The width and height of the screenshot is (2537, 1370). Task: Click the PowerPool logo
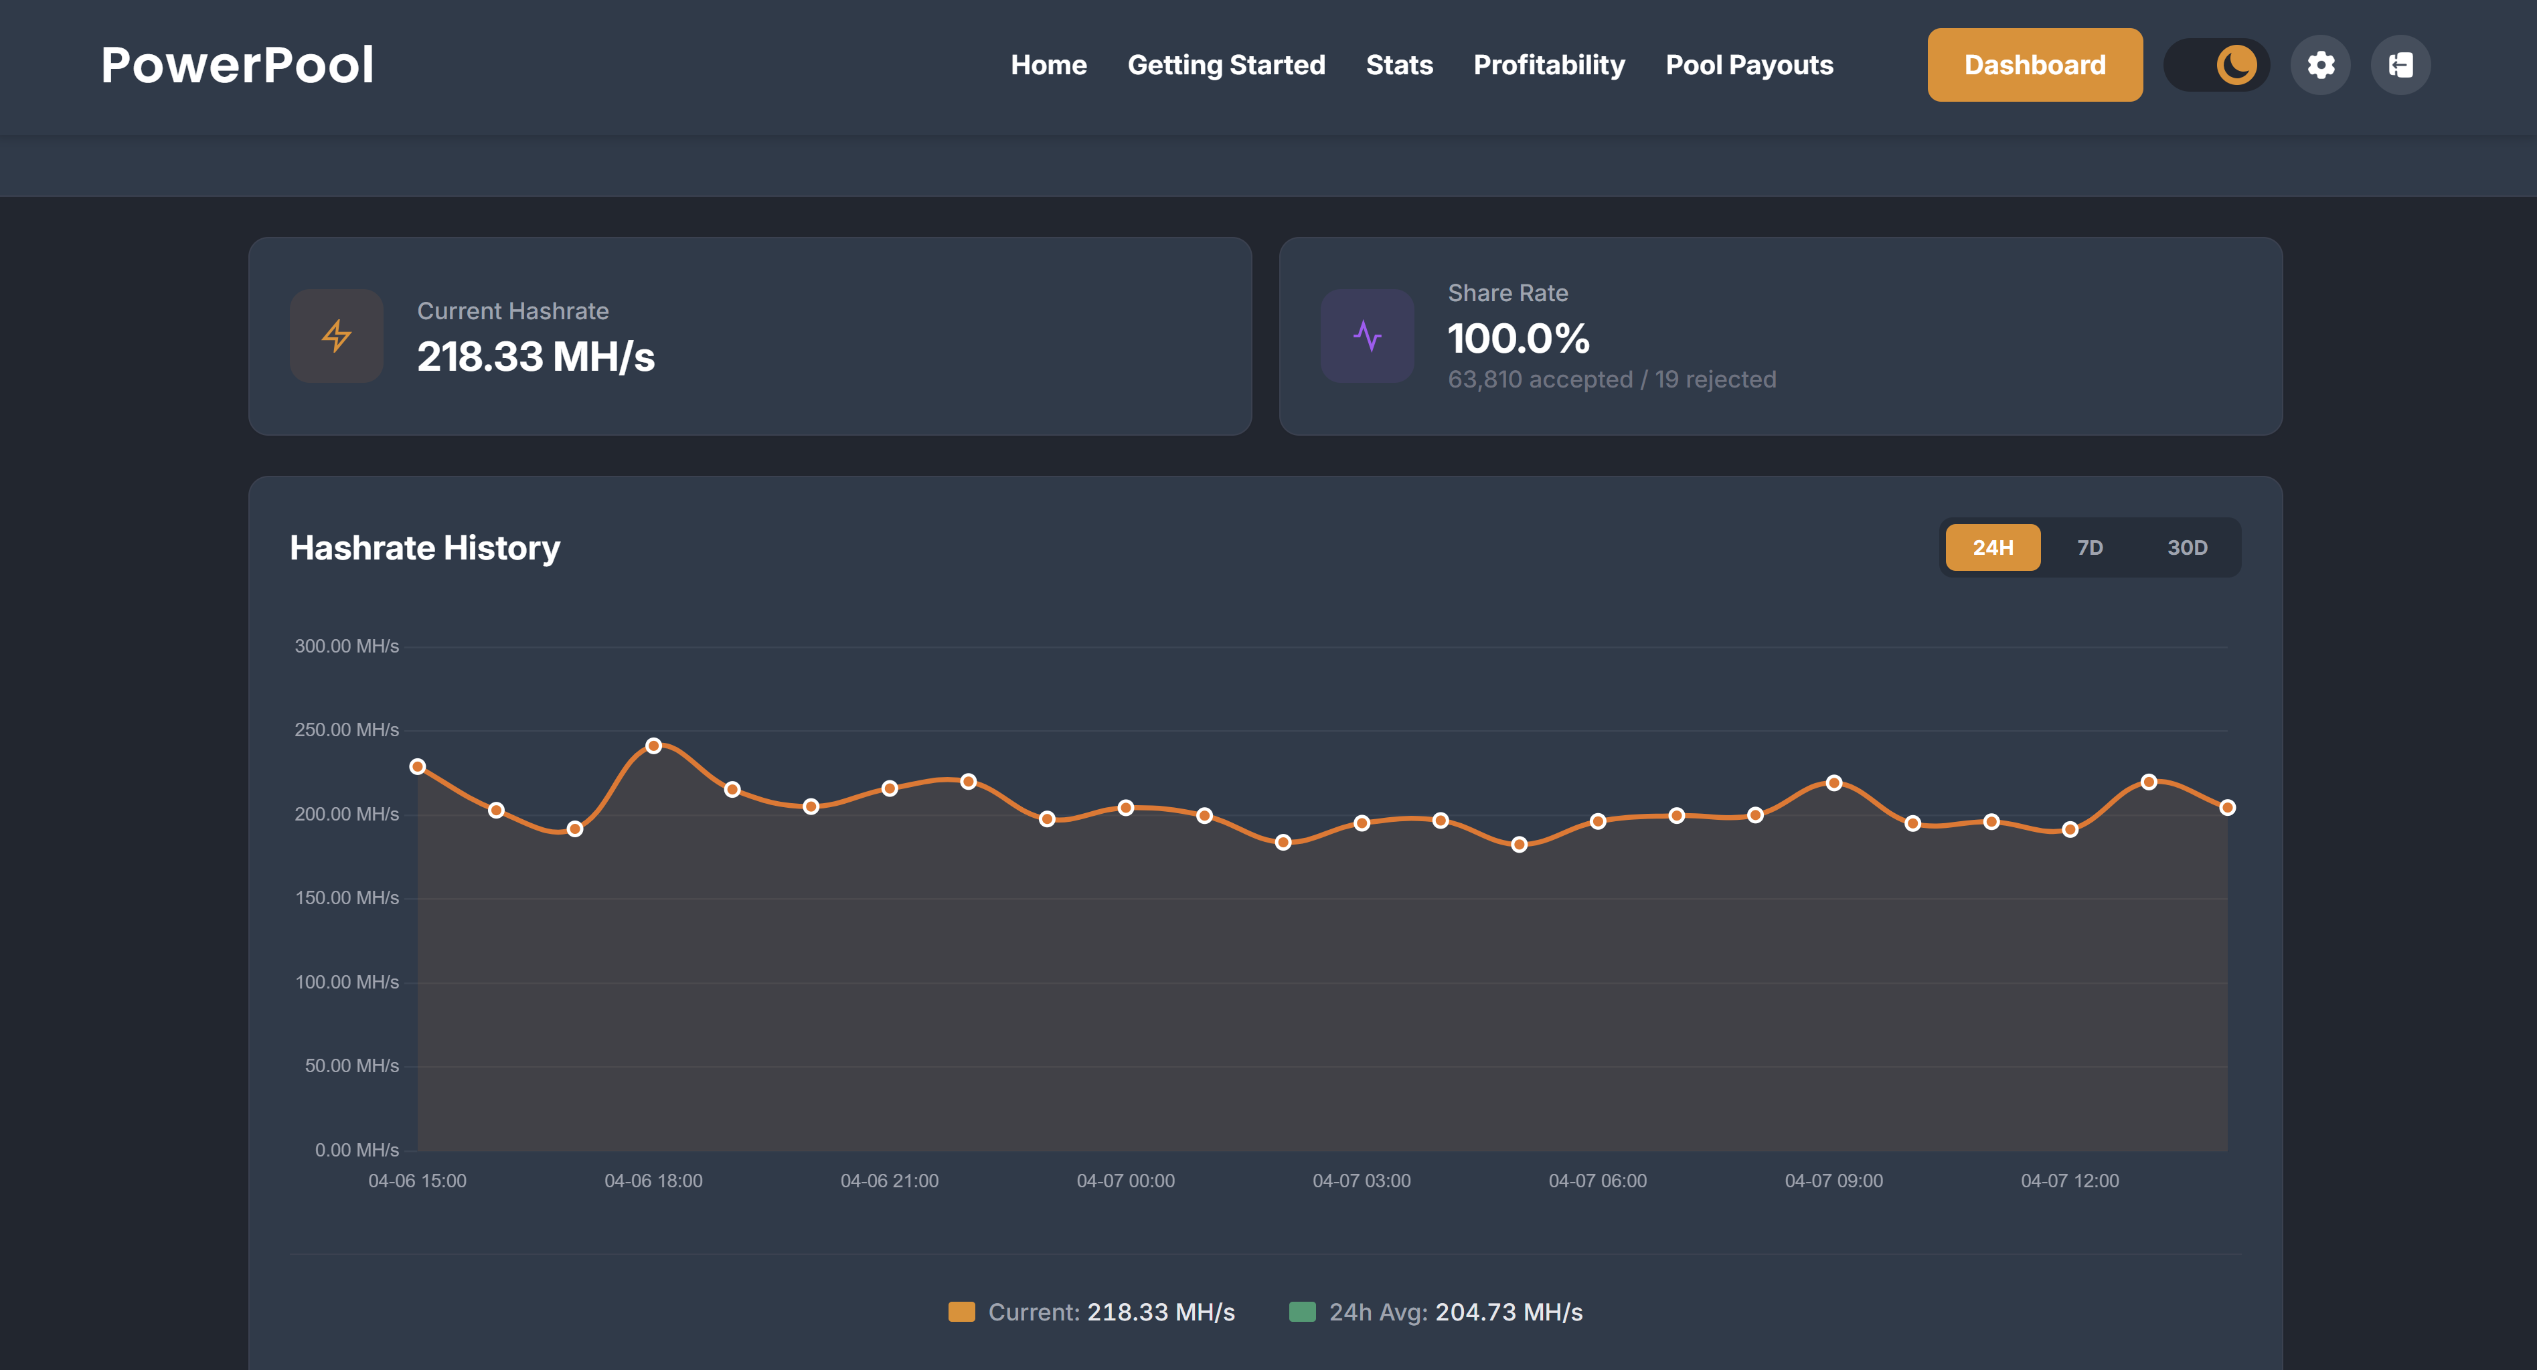238,65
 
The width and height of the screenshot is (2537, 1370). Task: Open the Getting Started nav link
1226,65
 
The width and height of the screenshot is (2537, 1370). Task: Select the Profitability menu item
1548,65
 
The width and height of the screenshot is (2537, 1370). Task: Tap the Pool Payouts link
1749,65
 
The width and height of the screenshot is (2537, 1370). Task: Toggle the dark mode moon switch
2217,65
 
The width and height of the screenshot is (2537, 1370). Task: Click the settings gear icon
2320,65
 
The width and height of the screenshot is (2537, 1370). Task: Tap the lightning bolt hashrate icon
337,336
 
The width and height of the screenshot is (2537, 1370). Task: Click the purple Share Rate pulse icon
1367,336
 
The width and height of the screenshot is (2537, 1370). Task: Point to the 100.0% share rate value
1518,339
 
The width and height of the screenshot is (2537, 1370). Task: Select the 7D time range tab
2090,547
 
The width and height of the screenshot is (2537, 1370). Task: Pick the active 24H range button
1992,547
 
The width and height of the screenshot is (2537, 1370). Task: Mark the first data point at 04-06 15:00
418,766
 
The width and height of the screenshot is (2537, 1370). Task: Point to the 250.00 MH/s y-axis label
347,730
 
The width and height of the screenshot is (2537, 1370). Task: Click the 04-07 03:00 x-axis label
1361,1181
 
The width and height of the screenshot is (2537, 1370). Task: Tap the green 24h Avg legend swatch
1302,1312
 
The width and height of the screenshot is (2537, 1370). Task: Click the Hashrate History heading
424,547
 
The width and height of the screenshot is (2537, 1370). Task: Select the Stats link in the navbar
1398,65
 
